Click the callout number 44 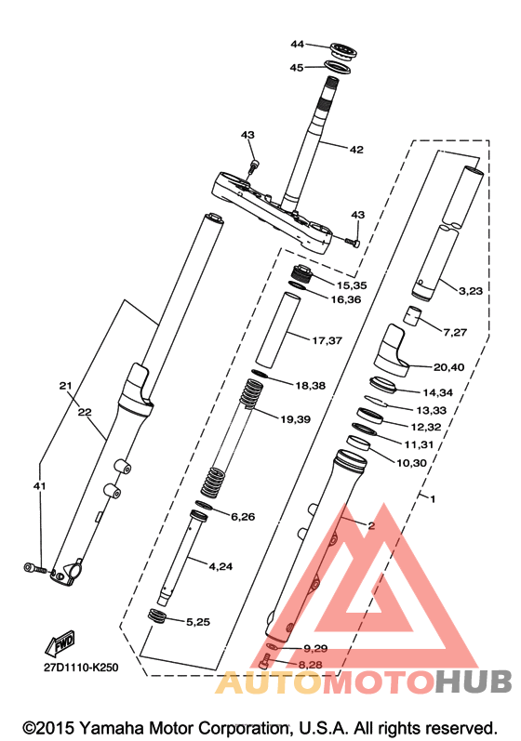point(297,44)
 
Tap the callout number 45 point(297,68)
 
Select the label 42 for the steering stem point(356,150)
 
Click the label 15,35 point(352,285)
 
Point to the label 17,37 point(327,340)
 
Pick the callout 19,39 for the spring point(296,419)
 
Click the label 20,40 point(449,367)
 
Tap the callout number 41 point(40,486)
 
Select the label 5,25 point(198,622)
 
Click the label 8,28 point(310,665)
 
